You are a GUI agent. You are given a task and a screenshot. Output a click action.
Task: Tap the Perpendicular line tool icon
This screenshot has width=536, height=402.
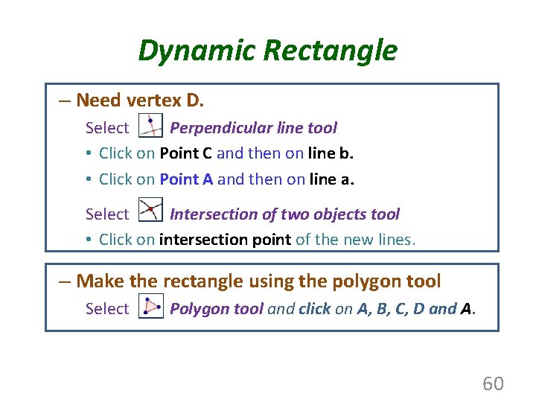pyautogui.click(x=151, y=127)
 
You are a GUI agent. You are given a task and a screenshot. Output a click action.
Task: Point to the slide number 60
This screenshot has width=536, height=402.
pyautogui.click(x=493, y=383)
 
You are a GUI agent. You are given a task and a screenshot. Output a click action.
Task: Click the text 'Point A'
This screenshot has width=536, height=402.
pyautogui.click(x=186, y=179)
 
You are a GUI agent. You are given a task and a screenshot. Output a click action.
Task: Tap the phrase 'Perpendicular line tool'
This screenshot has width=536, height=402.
pyautogui.click(x=253, y=128)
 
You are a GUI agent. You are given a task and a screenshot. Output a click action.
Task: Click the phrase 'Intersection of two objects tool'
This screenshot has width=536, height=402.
pyautogui.click(x=284, y=214)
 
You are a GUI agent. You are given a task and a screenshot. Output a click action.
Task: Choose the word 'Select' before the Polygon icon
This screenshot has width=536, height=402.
pyautogui.click(x=107, y=309)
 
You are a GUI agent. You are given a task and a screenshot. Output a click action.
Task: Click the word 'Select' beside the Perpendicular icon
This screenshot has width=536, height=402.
pyautogui.click(x=107, y=128)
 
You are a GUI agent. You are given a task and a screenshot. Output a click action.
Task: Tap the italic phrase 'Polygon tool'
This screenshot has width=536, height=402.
pyautogui.click(x=216, y=309)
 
